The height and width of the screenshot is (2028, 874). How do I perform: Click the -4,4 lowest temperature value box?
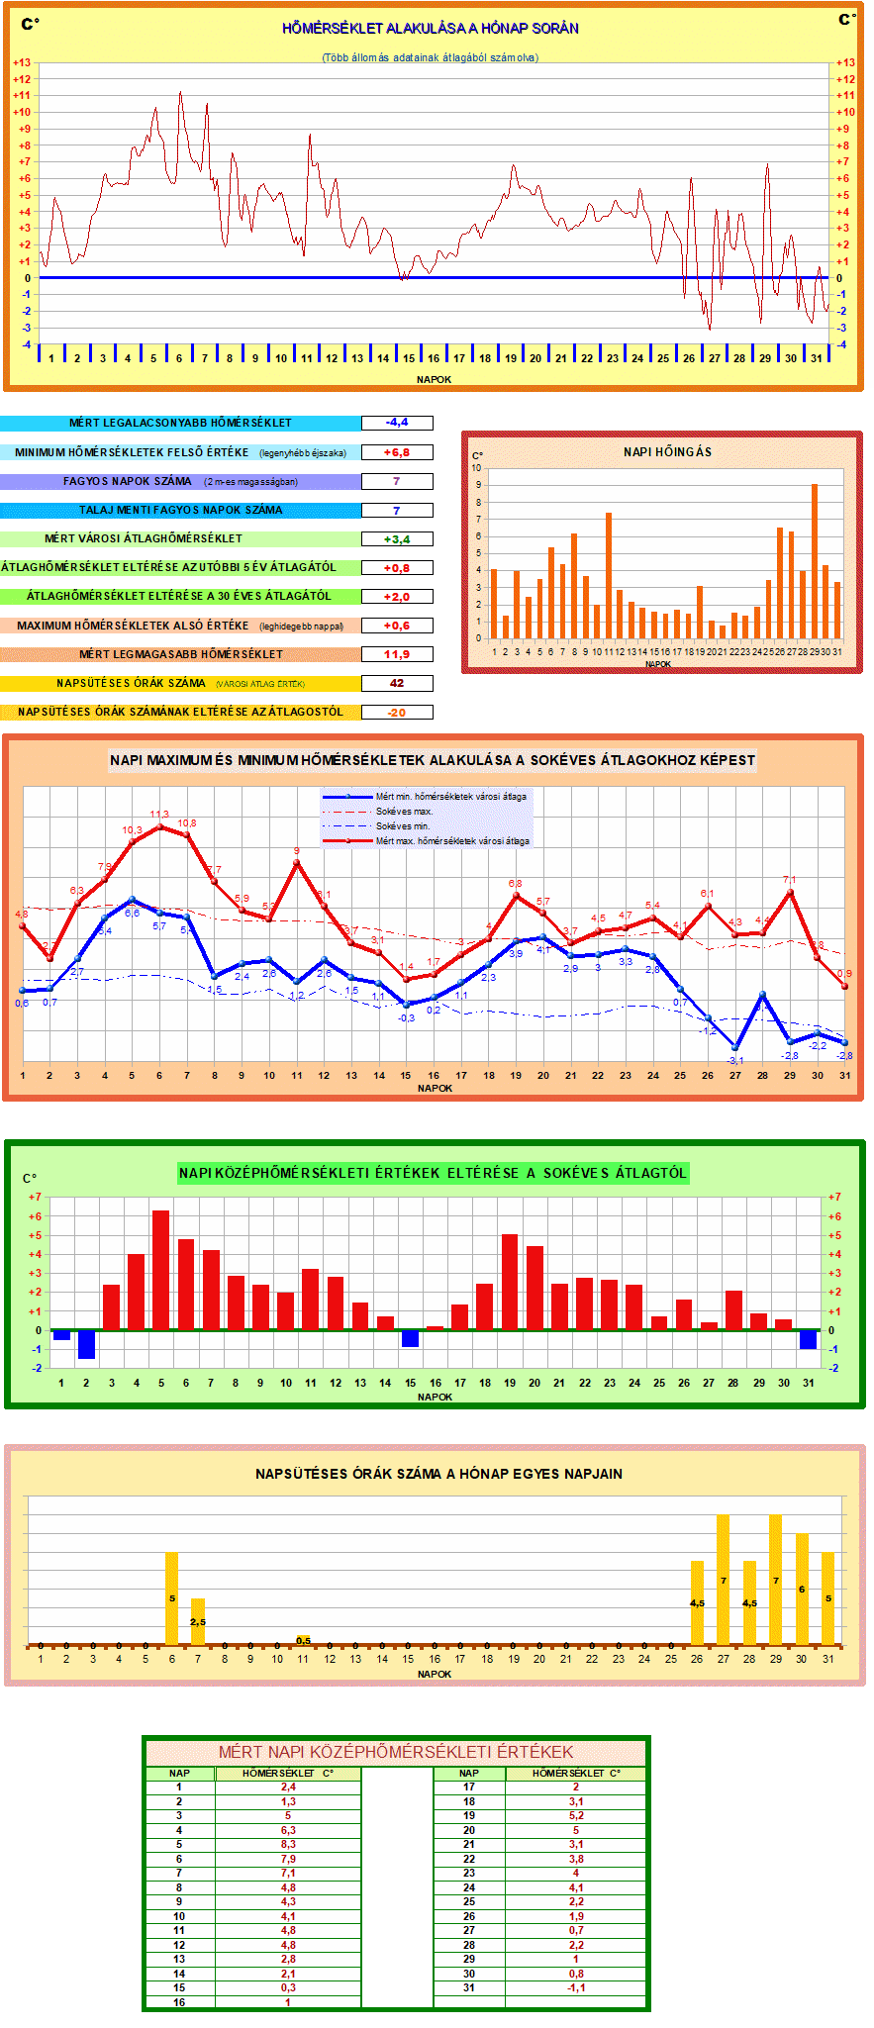point(397,423)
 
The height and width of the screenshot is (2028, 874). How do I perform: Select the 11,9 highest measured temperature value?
point(397,654)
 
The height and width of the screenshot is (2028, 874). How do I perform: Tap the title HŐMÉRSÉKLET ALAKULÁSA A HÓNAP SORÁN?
point(431,28)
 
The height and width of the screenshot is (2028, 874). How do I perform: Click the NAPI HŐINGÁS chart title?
point(667,451)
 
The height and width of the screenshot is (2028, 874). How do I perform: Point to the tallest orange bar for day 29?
point(815,561)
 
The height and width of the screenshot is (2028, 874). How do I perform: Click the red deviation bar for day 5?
point(160,1270)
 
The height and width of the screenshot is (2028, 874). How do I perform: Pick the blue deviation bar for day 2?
point(86,1344)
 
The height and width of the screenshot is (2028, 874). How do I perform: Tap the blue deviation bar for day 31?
point(808,1339)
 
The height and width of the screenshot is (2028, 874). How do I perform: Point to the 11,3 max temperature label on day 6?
point(159,815)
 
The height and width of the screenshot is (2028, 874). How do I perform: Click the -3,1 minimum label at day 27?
point(734,1061)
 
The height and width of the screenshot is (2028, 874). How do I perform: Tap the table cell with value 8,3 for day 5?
point(288,1845)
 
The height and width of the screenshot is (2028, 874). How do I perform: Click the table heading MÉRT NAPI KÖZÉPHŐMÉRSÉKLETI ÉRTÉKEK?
point(396,1752)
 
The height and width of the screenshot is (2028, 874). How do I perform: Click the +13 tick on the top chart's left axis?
point(22,62)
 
